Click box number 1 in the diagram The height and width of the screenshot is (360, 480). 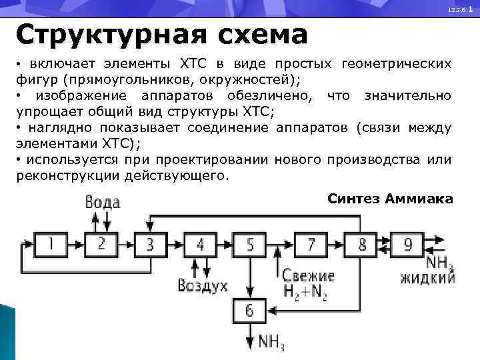coord(51,245)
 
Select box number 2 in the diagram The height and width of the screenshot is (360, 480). coord(101,245)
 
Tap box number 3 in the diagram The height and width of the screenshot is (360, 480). coord(150,245)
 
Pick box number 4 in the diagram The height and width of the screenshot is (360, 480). coord(201,245)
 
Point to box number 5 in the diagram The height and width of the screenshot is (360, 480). coord(250,245)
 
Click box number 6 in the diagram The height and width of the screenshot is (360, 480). coord(250,310)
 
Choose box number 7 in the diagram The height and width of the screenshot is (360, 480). coord(311,245)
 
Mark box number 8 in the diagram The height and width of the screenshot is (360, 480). coord(362,245)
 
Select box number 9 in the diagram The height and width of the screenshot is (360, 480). coord(408,245)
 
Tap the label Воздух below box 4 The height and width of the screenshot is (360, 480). coord(203,287)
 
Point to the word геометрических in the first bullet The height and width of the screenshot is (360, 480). coord(396,64)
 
